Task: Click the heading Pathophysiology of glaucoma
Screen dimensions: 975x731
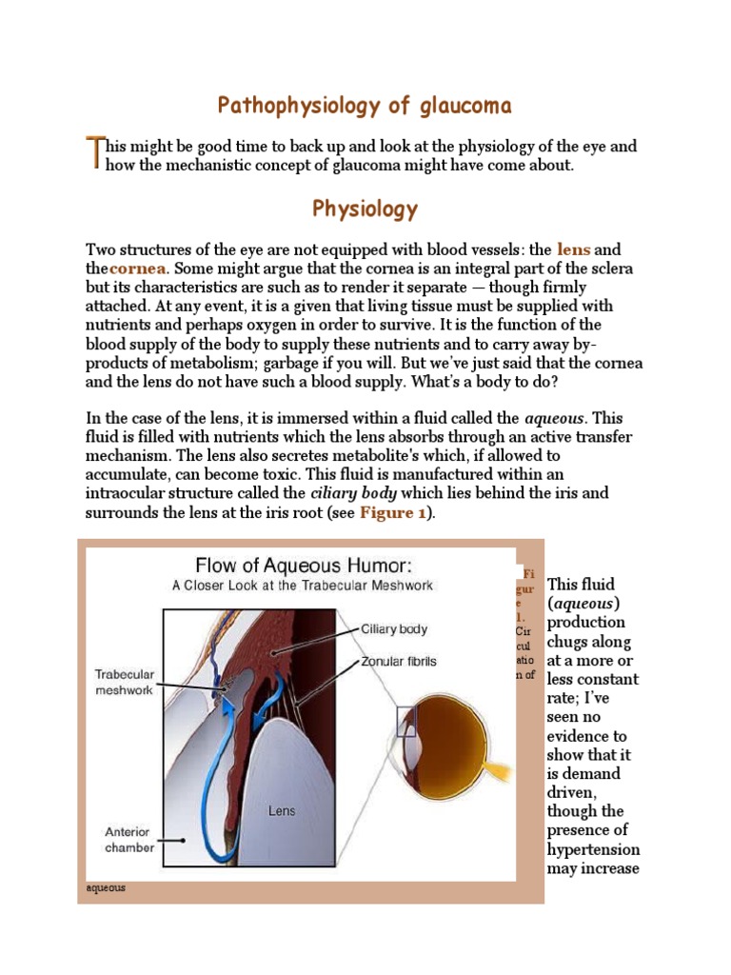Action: pyautogui.click(x=365, y=105)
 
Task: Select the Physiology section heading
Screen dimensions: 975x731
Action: pyautogui.click(x=365, y=209)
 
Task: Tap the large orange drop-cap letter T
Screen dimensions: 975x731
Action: pyautogui.click(x=93, y=153)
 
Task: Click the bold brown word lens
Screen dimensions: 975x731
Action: pyautogui.click(x=574, y=249)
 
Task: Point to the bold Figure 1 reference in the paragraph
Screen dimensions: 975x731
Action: pyautogui.click(x=392, y=513)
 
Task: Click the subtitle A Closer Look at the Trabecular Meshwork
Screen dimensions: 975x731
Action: pyautogui.click(x=302, y=586)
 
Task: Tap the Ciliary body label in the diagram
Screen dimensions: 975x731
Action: pyautogui.click(x=394, y=629)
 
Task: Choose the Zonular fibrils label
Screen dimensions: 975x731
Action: pyautogui.click(x=399, y=661)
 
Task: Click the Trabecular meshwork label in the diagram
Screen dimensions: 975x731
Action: pyautogui.click(x=124, y=682)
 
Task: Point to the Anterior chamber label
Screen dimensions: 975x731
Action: pyautogui.click(x=128, y=839)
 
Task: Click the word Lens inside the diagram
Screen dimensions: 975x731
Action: pyautogui.click(x=282, y=811)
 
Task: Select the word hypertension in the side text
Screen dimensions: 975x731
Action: pyautogui.click(x=593, y=849)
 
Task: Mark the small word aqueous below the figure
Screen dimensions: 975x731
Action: pyautogui.click(x=106, y=888)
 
